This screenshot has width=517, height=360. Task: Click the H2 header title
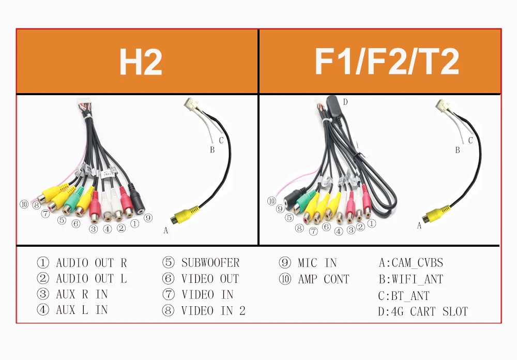(x=140, y=62)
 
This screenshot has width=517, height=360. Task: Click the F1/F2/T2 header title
(x=387, y=62)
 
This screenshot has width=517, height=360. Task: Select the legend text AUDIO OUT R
(x=91, y=263)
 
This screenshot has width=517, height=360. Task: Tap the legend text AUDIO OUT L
(x=91, y=279)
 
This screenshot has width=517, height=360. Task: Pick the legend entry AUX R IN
(x=82, y=294)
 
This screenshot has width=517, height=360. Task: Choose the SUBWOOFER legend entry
(x=210, y=263)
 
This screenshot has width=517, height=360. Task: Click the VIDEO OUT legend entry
(x=210, y=279)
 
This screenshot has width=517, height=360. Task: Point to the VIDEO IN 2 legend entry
(x=213, y=310)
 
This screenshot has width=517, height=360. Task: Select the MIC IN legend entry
(x=317, y=263)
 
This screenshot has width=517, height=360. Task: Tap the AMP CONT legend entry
(x=324, y=279)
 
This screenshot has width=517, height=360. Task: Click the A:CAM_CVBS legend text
(x=411, y=263)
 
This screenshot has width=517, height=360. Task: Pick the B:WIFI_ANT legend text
(x=411, y=280)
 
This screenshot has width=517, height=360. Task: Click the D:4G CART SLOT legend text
(x=423, y=312)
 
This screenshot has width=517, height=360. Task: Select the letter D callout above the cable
(x=345, y=102)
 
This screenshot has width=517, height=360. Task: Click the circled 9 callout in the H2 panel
(x=148, y=218)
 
